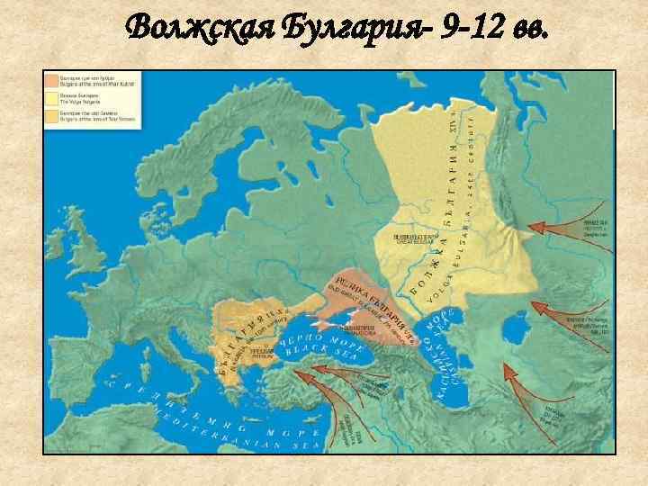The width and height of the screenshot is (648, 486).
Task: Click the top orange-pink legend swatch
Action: pos(52,81)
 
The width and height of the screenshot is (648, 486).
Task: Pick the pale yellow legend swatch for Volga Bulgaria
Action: pos(52,99)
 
